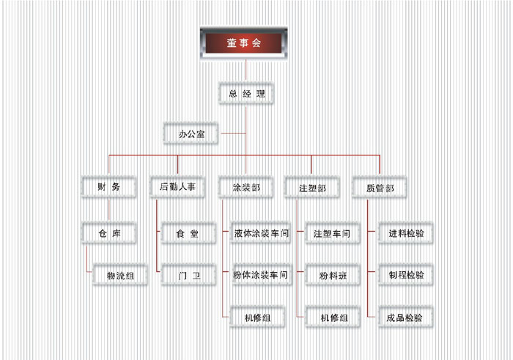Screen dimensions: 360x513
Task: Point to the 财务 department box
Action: [108, 187]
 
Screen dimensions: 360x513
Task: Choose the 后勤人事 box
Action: [177, 187]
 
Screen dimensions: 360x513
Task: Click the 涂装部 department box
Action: [246, 188]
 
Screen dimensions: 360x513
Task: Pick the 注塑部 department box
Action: [312, 188]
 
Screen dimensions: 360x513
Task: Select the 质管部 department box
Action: [380, 188]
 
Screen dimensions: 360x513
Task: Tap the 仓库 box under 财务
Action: [109, 234]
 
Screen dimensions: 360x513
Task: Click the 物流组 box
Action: [121, 276]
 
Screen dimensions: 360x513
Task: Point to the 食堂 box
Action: [187, 234]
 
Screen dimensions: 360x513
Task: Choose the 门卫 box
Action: [187, 276]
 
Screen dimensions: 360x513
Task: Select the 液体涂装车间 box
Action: [260, 234]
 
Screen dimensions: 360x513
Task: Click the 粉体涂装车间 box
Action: [260, 276]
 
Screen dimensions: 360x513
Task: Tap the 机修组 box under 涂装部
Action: [257, 317]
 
